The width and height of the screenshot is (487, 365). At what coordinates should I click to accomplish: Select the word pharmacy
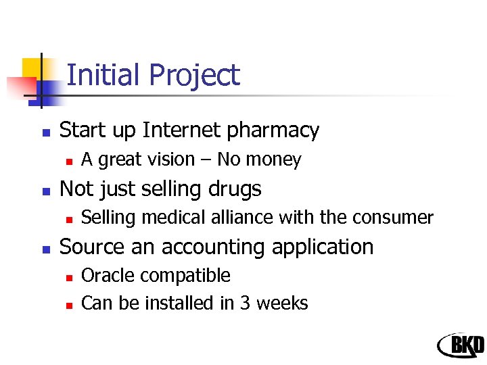(278, 130)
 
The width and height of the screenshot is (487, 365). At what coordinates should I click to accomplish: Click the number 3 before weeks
(246, 303)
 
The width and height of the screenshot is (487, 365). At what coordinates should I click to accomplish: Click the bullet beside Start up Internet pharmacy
(45, 131)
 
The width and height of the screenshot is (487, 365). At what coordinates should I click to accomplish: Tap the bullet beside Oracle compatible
(68, 277)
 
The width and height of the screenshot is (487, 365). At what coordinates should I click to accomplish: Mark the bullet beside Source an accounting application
(45, 248)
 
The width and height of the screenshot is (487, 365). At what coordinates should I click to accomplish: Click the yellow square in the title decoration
(32, 68)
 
